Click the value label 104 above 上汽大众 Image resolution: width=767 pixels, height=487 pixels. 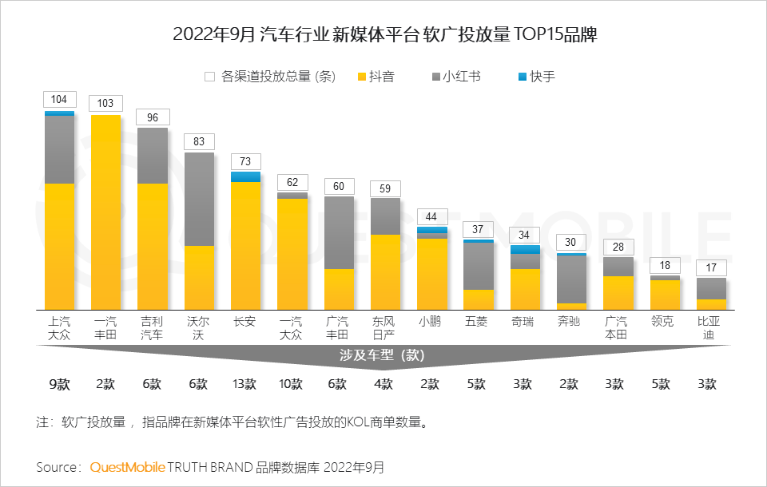[x=59, y=100]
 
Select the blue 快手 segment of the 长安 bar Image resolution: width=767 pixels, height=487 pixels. [x=246, y=176]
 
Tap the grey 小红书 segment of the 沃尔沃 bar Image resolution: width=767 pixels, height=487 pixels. [x=199, y=199]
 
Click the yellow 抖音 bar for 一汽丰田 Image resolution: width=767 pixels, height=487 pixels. [x=106, y=212]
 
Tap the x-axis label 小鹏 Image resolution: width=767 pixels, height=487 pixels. [x=431, y=322]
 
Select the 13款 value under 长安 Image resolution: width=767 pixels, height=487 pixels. [x=245, y=384]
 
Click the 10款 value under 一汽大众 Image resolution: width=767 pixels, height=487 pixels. [x=292, y=384]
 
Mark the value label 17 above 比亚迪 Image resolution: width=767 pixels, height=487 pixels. [x=711, y=267]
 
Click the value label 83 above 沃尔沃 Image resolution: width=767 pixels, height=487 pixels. [x=199, y=142]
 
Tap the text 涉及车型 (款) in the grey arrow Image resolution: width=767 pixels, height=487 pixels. [x=385, y=354]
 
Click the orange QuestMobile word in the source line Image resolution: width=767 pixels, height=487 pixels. [x=127, y=466]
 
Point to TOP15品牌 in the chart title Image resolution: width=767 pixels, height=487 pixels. [x=558, y=35]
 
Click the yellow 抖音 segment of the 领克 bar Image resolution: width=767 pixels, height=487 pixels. [x=665, y=295]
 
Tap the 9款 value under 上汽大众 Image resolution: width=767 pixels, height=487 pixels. [x=59, y=384]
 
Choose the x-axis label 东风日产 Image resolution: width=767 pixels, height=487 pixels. [x=385, y=328]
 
